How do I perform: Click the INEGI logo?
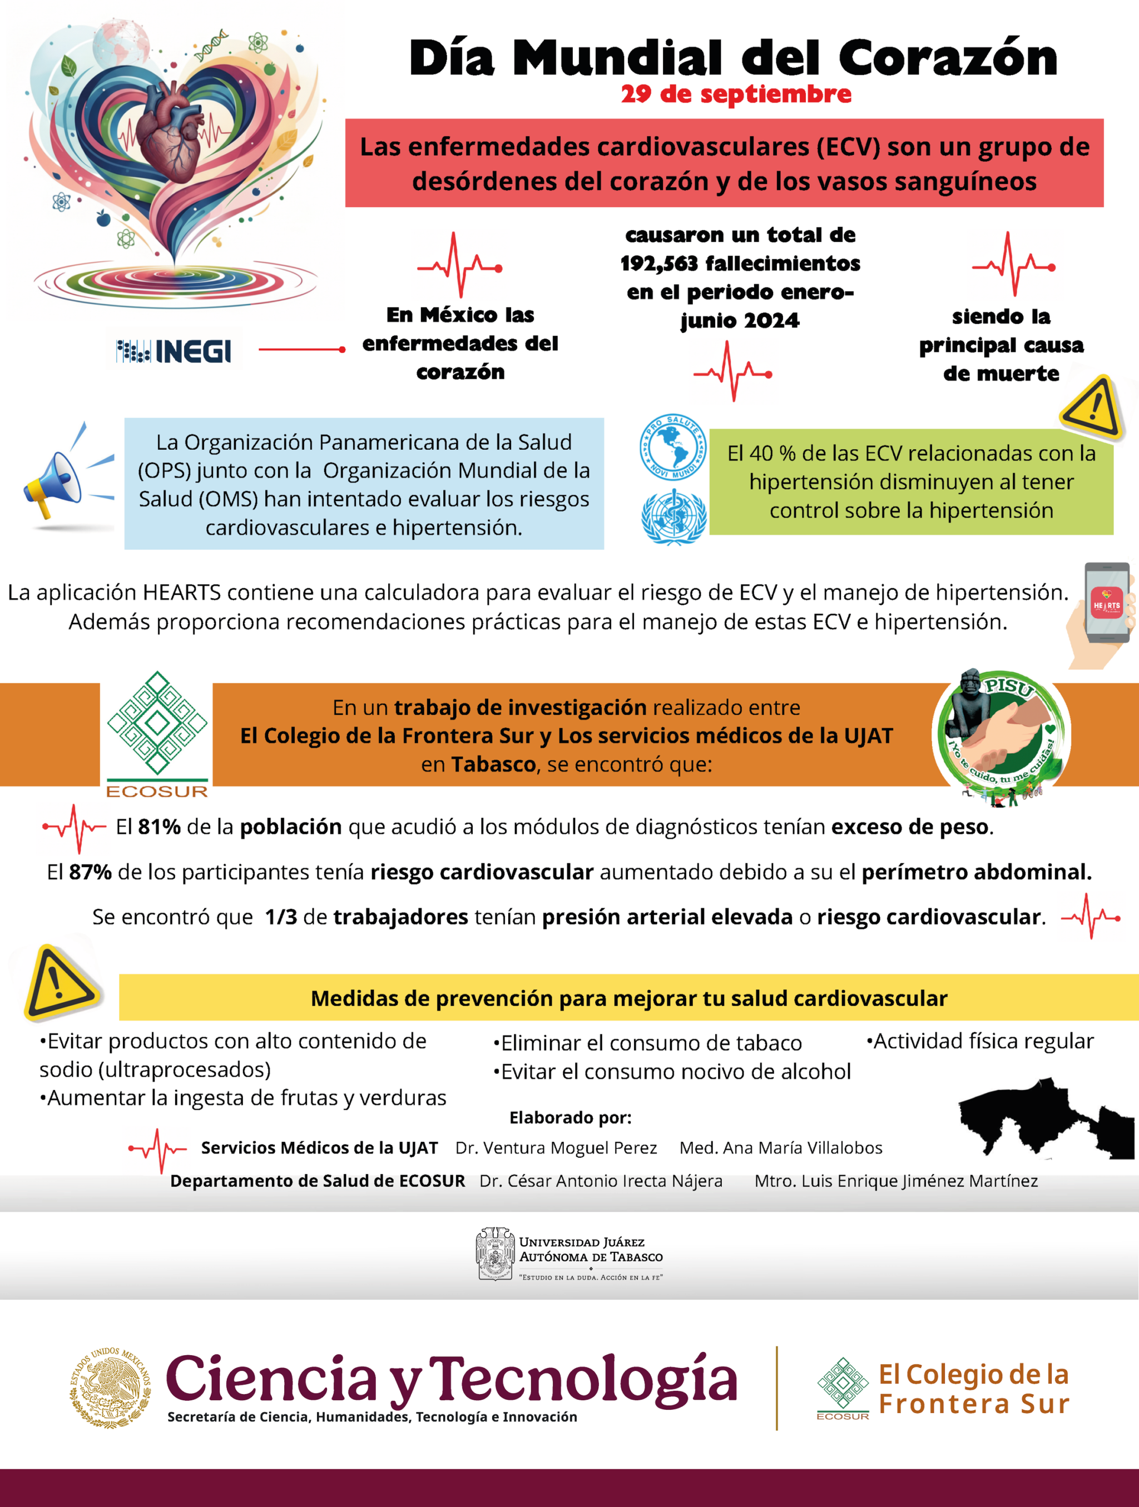(x=175, y=351)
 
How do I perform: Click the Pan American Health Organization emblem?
(x=673, y=447)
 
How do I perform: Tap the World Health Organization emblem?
(x=674, y=517)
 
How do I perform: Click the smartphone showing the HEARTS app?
(x=1107, y=603)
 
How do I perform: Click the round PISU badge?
(x=1001, y=734)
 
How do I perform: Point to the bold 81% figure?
(x=159, y=827)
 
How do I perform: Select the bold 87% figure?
(x=90, y=872)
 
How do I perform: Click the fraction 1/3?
(x=281, y=917)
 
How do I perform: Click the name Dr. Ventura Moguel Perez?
(x=556, y=1148)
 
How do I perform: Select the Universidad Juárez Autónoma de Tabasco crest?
(x=494, y=1254)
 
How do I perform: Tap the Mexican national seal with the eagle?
(x=111, y=1387)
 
